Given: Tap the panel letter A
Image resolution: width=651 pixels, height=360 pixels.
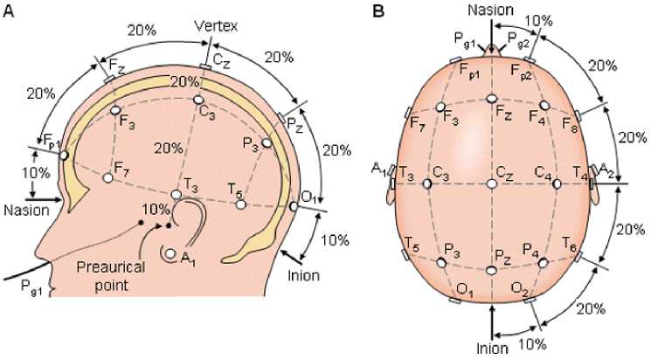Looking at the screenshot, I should pyautogui.click(x=9, y=10).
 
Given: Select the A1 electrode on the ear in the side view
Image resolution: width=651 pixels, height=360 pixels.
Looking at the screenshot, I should pyautogui.click(x=170, y=254).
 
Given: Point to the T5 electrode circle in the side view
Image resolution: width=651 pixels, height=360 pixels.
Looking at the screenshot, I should pyautogui.click(x=240, y=204).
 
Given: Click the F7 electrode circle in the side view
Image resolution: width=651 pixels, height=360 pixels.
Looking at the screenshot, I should pyautogui.click(x=108, y=177).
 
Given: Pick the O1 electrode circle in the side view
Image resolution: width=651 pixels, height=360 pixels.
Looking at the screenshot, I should pyautogui.click(x=294, y=206).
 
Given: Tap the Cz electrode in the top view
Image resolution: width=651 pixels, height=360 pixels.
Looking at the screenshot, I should pyautogui.click(x=492, y=183).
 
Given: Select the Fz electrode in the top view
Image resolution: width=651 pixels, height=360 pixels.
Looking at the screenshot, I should pyautogui.click(x=492, y=98).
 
